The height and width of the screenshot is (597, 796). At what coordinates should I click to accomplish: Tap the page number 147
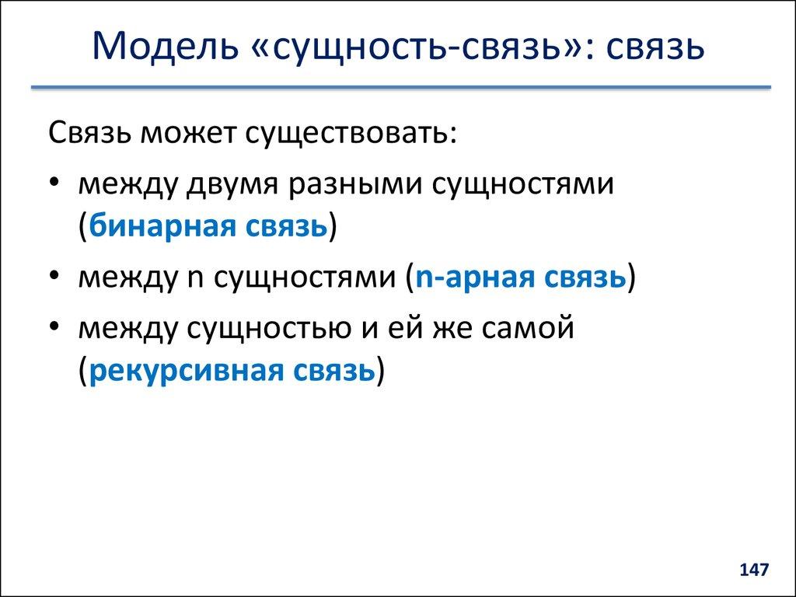point(753,570)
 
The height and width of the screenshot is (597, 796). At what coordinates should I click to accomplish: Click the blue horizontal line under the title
point(400,88)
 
